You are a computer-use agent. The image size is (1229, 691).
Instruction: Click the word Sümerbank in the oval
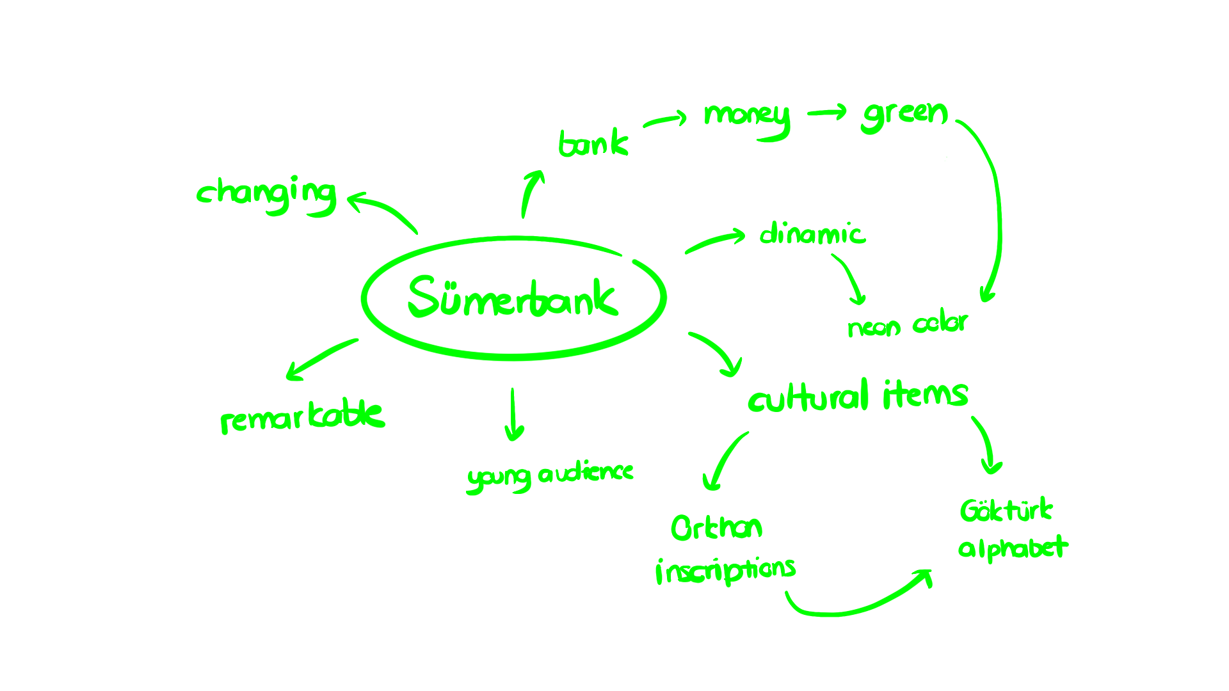512,298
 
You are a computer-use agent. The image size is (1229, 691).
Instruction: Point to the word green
904,115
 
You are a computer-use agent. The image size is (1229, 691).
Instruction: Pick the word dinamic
812,234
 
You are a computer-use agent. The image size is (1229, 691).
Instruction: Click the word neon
874,328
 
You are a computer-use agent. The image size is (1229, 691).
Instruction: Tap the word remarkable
303,417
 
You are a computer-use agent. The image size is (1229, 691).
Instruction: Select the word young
499,478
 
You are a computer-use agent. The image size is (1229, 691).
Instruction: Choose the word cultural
808,397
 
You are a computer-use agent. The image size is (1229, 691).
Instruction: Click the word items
926,394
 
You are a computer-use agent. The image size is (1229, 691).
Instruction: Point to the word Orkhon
716,528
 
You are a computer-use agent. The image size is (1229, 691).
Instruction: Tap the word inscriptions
725,569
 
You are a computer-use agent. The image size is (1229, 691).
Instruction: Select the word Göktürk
1006,511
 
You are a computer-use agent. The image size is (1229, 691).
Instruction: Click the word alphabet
1013,548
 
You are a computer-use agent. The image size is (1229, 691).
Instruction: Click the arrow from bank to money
666,120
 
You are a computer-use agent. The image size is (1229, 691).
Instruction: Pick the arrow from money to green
827,113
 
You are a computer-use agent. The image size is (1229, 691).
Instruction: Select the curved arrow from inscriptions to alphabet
858,605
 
